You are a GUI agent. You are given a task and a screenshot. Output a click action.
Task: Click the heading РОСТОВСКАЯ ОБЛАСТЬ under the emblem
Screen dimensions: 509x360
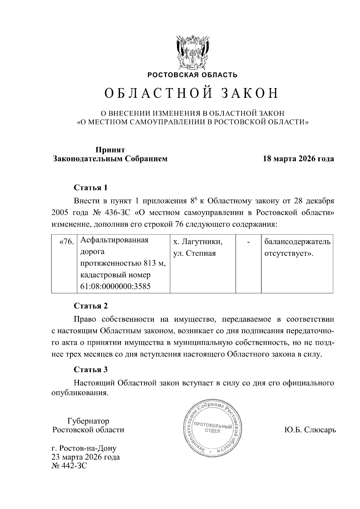pos(192,75)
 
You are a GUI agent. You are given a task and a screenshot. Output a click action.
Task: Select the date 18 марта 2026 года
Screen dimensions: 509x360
pos(298,159)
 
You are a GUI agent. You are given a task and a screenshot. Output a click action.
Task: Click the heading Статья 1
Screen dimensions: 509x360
pos(91,188)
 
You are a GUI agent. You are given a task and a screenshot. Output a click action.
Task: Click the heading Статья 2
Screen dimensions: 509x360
pos(91,306)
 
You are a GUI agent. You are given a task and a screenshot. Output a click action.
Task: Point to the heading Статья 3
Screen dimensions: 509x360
pos(91,370)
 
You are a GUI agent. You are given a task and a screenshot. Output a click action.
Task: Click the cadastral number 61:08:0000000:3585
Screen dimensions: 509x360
pos(115,286)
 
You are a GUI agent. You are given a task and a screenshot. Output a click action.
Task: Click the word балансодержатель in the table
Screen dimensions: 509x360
pos(297,242)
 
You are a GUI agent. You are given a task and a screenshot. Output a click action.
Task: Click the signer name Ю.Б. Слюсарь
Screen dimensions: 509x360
pos(310,430)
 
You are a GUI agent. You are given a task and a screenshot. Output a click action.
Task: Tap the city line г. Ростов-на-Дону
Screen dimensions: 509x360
pos(84,449)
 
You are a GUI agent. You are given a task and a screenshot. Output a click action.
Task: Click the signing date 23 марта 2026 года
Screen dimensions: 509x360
pos(86,457)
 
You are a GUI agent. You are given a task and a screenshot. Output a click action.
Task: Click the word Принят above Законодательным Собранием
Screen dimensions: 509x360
pos(110,150)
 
